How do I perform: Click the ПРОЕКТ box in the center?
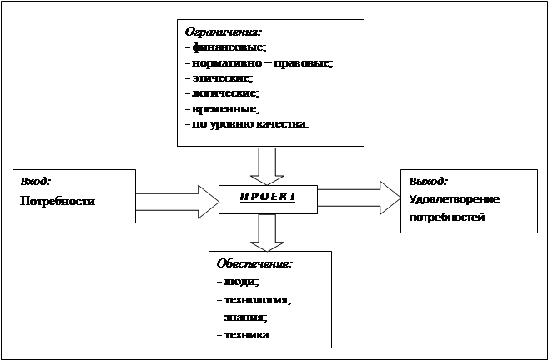pos(269,197)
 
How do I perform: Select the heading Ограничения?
pos(219,32)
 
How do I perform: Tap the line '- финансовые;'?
pos(224,48)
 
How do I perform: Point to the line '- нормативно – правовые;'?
pos(259,63)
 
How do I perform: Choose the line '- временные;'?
pos(222,108)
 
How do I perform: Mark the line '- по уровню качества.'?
pos(246,124)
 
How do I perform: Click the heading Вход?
pos(35,181)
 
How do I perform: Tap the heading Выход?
pos(429,181)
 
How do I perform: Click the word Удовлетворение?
pos(455,199)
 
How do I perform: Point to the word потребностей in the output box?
pos(447,217)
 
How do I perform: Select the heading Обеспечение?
pos(254,263)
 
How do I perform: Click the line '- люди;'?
pos(237,282)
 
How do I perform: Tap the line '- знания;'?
pos(240,317)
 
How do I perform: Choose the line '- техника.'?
pos(244,334)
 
